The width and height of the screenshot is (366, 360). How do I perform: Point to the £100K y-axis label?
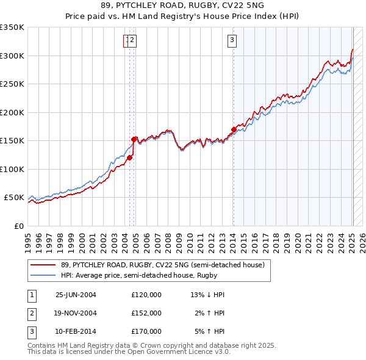click(12, 169)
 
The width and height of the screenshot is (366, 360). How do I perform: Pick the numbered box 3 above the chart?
click(232, 41)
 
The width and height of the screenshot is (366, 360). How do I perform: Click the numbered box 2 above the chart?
click(132, 41)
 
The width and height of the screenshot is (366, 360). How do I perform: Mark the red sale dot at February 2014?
click(234, 129)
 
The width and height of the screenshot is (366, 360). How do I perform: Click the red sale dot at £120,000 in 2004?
click(130, 158)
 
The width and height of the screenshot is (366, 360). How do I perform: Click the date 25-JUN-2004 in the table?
click(76, 295)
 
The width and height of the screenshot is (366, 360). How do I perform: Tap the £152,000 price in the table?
click(146, 313)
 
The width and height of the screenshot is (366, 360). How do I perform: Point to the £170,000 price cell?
click(146, 331)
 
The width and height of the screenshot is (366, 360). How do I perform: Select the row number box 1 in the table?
click(31, 295)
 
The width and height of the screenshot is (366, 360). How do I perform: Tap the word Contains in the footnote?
click(42, 345)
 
